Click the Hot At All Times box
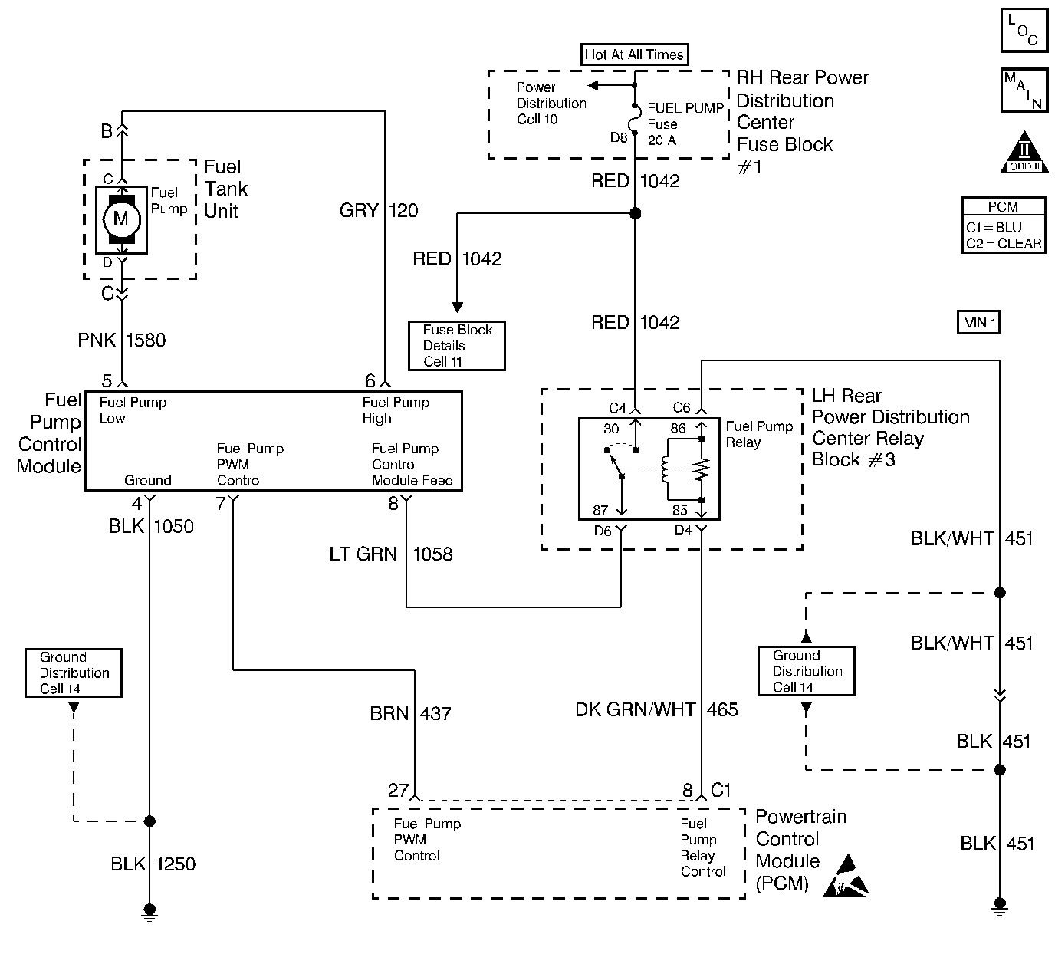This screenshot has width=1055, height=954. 633,54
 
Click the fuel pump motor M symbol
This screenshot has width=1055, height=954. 120,219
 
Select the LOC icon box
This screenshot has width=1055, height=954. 1024,31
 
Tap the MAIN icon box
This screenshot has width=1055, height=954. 1024,90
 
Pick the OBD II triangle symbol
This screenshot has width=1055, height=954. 1024,154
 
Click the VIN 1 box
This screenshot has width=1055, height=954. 979,322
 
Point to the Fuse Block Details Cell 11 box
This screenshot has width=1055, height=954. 457,346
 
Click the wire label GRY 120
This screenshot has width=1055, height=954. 379,210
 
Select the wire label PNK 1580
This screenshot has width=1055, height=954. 122,340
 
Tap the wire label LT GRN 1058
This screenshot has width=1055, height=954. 391,554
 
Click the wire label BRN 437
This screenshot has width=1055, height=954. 411,714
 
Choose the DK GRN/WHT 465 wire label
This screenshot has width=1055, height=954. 656,709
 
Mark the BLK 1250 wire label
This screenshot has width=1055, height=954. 153,864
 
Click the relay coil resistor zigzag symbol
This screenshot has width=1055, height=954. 702,469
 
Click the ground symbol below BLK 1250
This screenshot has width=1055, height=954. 150,910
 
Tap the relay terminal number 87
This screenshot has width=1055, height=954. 600,510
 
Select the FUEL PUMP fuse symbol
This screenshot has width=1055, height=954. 635,120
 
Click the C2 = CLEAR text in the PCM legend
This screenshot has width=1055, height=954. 1004,243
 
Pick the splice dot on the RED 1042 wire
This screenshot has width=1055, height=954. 635,213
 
